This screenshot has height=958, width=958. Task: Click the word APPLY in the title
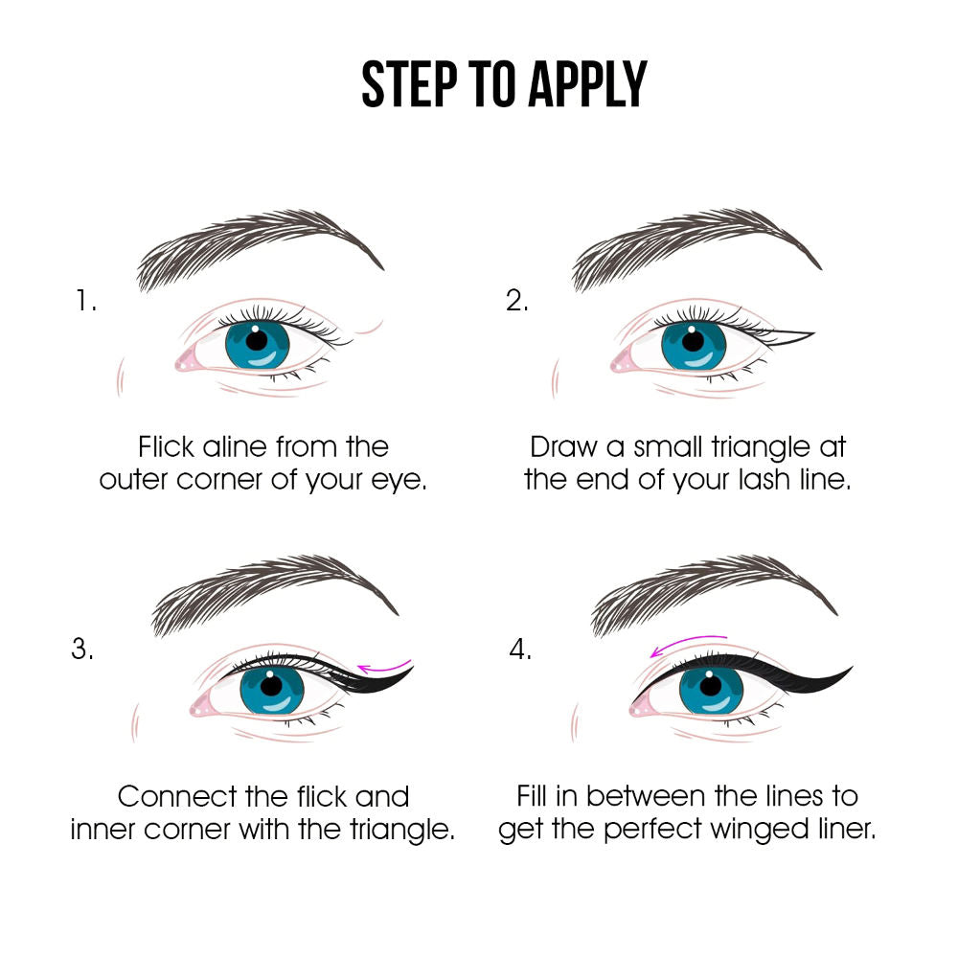pyautogui.click(x=587, y=84)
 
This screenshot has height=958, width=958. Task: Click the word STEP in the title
pyautogui.click(x=409, y=84)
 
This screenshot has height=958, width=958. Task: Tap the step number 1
pyautogui.click(x=85, y=301)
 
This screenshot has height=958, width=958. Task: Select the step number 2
pyautogui.click(x=517, y=301)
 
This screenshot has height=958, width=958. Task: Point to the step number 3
pyautogui.click(x=82, y=649)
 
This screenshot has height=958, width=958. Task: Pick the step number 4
pyautogui.click(x=520, y=649)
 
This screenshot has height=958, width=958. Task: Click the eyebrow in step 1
pyautogui.click(x=260, y=247)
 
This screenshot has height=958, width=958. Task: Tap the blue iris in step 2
pyautogui.click(x=694, y=346)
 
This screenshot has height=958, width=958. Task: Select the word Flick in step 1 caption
pyautogui.click(x=166, y=446)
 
